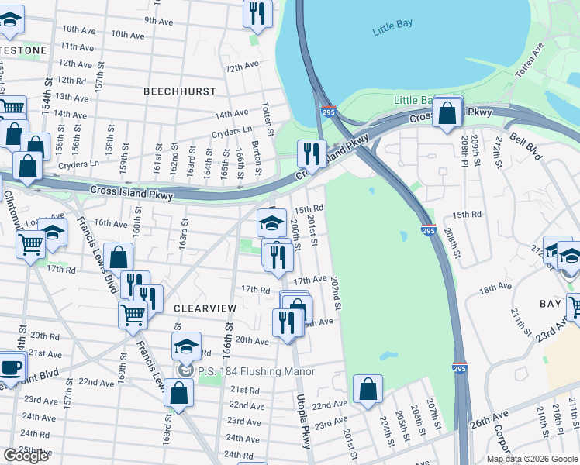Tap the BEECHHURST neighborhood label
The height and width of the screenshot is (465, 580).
tap(180, 91)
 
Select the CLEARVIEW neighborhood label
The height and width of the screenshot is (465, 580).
tap(205, 308)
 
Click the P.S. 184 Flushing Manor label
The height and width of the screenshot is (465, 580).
tap(255, 371)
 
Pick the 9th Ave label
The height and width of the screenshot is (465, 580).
tap(158, 20)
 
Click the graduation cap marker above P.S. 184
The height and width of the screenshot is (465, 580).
tap(186, 347)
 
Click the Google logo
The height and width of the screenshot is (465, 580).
tap(26, 456)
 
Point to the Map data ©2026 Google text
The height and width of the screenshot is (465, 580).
tap(531, 459)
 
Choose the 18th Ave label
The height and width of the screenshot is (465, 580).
tap(495, 288)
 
